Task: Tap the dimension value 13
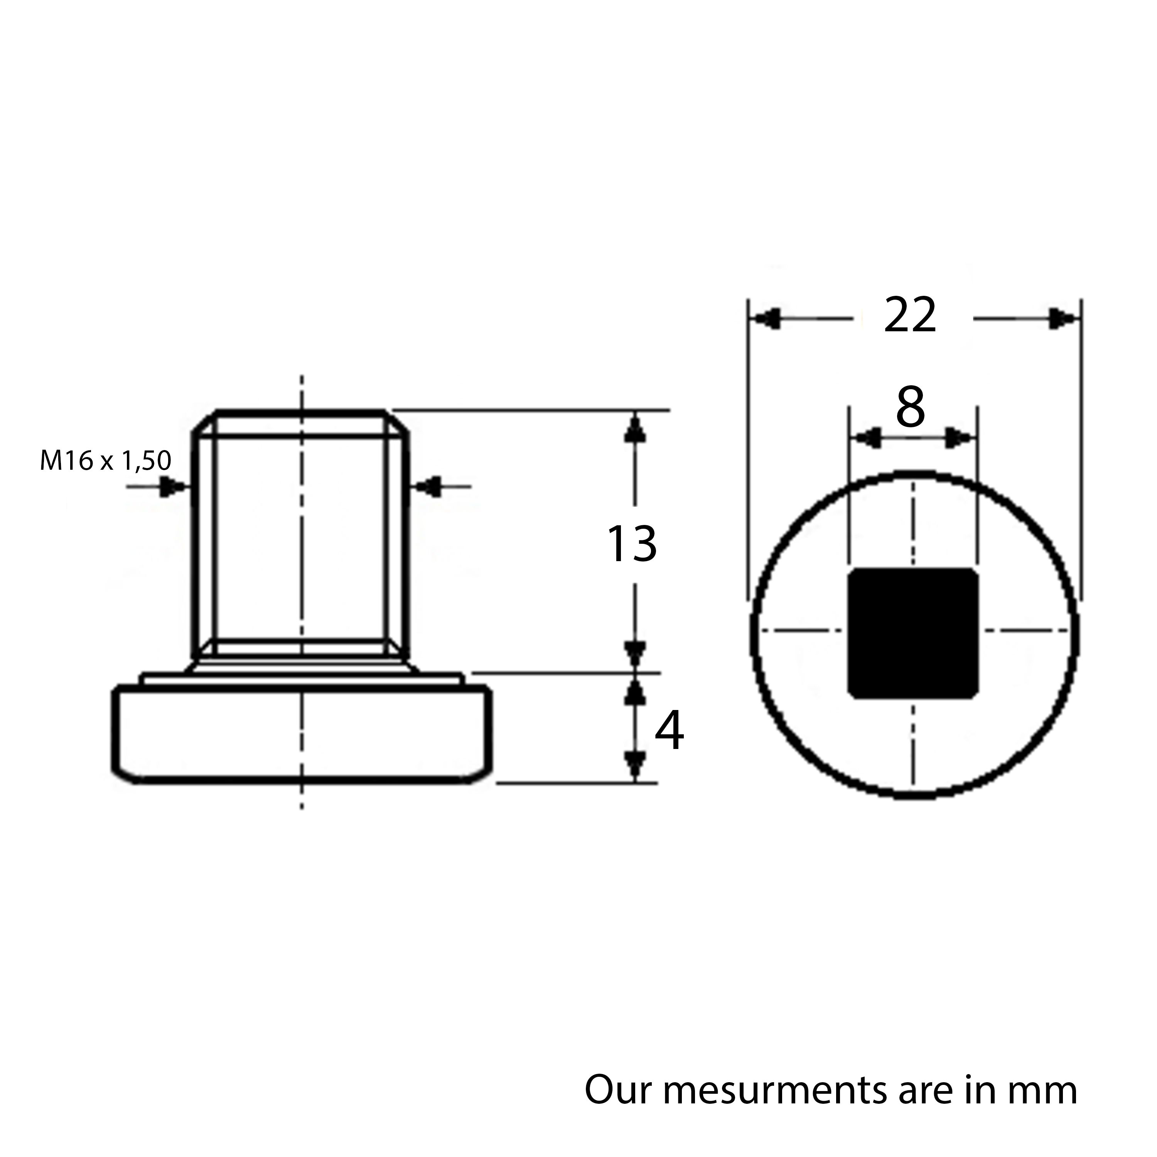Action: point(632,544)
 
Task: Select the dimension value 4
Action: point(669,732)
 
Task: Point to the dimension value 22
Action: point(910,315)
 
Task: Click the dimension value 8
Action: point(910,408)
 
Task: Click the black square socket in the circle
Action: point(912,633)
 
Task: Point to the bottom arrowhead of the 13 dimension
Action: point(635,651)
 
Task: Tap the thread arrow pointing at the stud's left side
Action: point(173,487)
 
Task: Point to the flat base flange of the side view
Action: point(302,734)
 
